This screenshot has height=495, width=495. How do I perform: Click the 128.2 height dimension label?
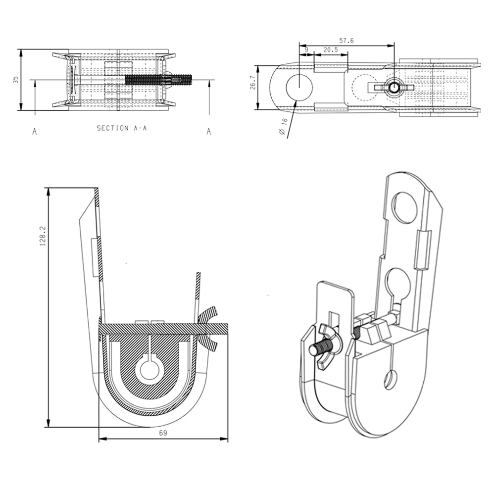point(43,236)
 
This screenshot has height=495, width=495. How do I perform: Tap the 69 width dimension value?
point(163,433)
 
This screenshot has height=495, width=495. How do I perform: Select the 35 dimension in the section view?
point(15,80)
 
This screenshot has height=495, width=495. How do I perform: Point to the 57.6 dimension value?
point(346,41)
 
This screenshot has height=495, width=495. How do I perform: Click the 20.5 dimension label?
point(330,50)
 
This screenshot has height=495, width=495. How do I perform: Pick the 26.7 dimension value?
point(253,83)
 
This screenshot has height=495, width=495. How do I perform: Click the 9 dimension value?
point(306,50)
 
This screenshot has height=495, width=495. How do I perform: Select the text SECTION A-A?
point(122,128)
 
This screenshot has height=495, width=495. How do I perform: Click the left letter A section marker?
point(35,131)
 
